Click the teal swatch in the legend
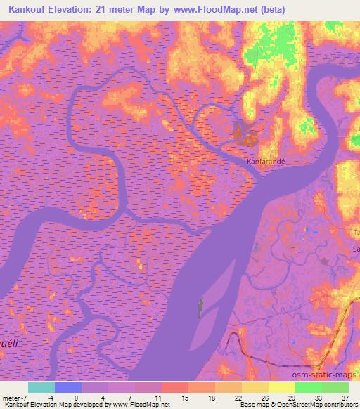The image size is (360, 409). click(41, 387)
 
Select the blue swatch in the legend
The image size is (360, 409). click(68, 387)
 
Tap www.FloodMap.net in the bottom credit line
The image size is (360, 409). click(141, 405)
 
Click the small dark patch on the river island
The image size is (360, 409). click(200, 306)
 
